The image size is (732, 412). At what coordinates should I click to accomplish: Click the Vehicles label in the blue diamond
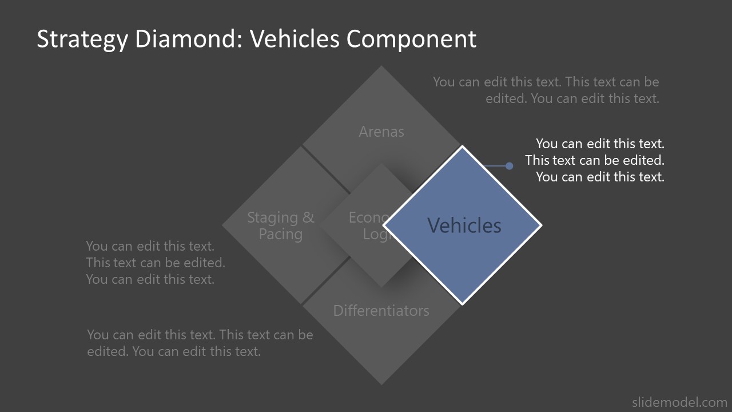click(x=464, y=225)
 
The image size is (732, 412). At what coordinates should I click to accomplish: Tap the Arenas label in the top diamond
click(x=381, y=132)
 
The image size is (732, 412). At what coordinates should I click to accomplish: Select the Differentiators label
click(x=381, y=311)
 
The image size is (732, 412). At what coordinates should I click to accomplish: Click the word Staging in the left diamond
click(x=272, y=217)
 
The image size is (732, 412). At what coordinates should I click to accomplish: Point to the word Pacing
click(x=280, y=234)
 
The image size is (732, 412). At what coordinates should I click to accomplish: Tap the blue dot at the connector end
click(x=509, y=166)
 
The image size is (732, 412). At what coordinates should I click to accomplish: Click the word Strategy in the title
click(x=82, y=39)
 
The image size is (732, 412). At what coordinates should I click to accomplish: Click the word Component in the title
click(x=411, y=39)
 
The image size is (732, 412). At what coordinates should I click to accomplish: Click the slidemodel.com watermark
click(x=679, y=402)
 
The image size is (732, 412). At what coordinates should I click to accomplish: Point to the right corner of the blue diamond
click(x=540, y=225)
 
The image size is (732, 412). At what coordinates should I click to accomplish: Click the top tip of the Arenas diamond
click(x=381, y=66)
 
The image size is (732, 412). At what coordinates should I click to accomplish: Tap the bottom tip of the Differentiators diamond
click(x=381, y=384)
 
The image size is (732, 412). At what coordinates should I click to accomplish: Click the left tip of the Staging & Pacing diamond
click(x=223, y=225)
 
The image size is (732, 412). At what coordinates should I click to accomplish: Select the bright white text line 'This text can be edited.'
click(x=595, y=160)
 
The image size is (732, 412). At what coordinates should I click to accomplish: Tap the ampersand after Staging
click(x=309, y=217)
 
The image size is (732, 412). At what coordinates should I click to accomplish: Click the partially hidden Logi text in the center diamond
click(x=375, y=234)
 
